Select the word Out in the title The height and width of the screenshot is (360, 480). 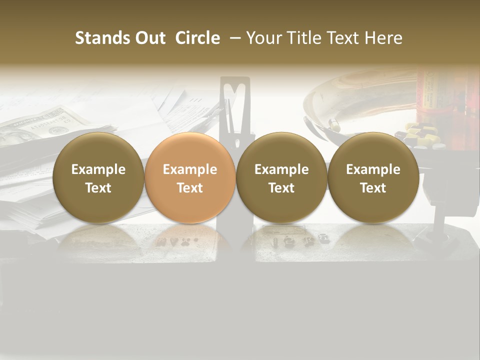148,38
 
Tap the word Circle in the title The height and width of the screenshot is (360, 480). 197,38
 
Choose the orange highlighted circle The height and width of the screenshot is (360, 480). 190,177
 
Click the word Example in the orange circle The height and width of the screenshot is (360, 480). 190,169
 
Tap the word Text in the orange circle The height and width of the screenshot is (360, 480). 190,188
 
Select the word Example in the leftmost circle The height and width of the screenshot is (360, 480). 98,169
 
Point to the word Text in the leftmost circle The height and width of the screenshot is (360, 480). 98,188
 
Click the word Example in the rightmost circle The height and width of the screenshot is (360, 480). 373,169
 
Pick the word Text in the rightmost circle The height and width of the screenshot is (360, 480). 373,188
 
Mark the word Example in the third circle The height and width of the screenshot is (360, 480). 281,169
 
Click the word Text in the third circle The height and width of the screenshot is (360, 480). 281,188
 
